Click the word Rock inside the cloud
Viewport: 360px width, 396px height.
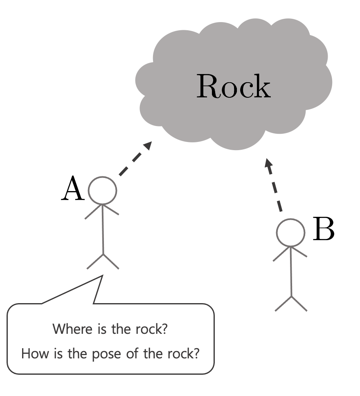pos(233,86)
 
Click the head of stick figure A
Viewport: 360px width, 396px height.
pos(103,190)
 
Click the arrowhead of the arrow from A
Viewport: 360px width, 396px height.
pos(148,146)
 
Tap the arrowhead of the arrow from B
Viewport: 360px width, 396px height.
pos(268,163)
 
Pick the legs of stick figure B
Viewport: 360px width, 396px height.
pos(291,303)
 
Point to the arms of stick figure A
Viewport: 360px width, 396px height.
pos(102,210)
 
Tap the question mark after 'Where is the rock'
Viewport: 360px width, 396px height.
pos(164,329)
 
